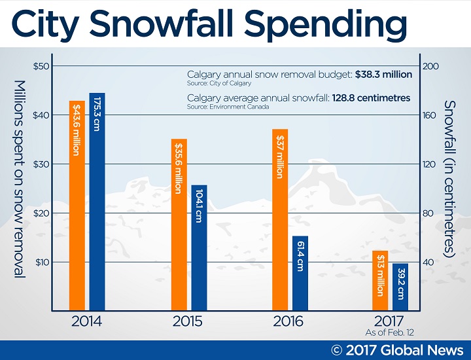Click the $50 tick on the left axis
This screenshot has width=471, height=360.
tap(41, 66)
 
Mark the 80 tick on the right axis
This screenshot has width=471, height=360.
tap(428, 213)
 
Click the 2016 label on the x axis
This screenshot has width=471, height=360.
tap(289, 322)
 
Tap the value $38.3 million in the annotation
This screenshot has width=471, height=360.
tap(383, 75)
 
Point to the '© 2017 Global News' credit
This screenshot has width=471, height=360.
tap(397, 350)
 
